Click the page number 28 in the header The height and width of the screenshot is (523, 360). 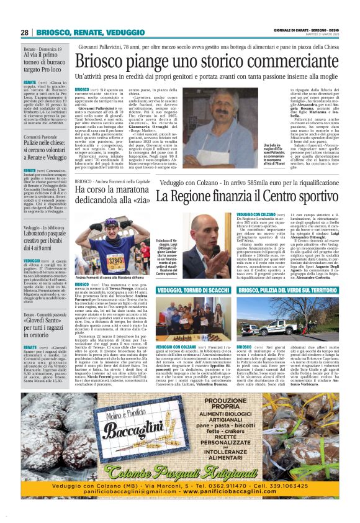(25, 32)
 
